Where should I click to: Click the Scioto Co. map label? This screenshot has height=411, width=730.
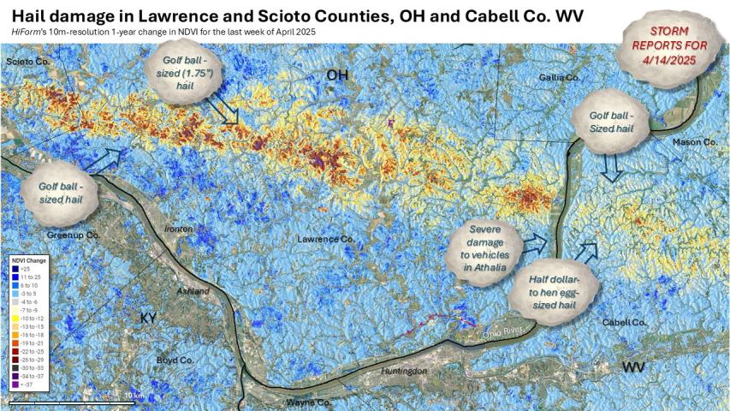25,63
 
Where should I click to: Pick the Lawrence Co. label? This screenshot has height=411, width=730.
325,239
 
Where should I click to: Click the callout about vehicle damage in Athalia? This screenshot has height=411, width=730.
484,248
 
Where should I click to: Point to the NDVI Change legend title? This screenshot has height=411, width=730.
30,259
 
